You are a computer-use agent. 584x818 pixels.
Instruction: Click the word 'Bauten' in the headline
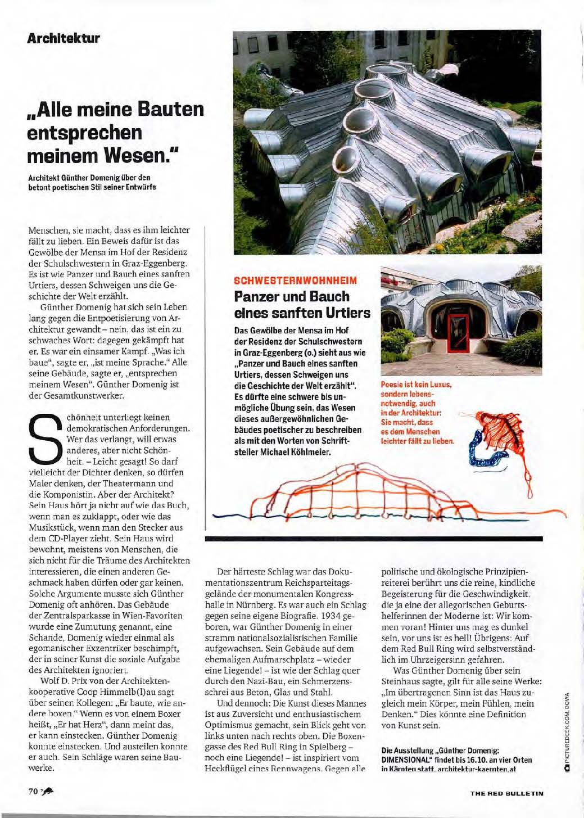(x=168, y=109)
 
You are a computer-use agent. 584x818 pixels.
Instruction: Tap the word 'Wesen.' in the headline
(x=144, y=155)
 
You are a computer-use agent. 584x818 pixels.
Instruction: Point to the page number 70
(x=33, y=791)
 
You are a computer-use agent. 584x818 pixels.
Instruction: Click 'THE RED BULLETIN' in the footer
(x=507, y=793)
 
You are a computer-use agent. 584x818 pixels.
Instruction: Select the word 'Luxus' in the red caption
(x=437, y=385)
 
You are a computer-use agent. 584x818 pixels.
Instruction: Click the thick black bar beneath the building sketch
(x=374, y=538)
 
